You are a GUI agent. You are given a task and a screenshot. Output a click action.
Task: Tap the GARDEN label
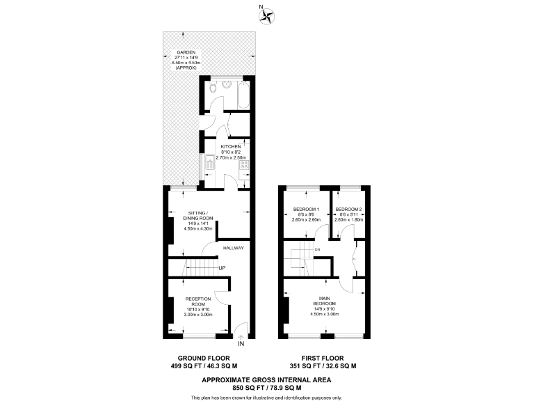(x=186, y=53)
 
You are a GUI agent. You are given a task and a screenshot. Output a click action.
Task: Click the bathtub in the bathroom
(x=243, y=96)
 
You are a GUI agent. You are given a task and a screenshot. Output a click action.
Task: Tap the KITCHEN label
(x=231, y=147)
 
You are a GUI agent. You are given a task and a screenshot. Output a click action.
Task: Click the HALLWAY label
(x=233, y=248)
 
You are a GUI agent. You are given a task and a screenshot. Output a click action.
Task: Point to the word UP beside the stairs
(x=222, y=268)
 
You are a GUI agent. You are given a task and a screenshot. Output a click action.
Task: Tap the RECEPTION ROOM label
(x=198, y=301)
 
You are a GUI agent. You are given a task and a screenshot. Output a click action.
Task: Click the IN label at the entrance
(x=241, y=344)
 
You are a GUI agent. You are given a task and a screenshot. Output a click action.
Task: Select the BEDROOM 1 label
(x=306, y=210)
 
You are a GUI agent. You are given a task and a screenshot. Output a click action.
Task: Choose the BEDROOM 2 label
(x=348, y=210)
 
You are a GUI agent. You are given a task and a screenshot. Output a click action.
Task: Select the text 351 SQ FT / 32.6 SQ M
(x=323, y=365)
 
